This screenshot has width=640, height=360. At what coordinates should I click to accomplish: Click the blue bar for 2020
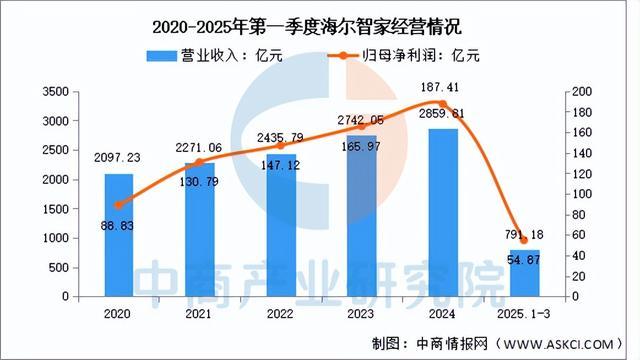tap(118, 235)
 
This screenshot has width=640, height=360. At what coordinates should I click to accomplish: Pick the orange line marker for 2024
tap(442, 104)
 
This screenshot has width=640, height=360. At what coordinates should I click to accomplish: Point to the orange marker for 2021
tap(199, 162)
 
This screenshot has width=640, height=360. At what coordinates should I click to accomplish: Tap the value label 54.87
tap(523, 260)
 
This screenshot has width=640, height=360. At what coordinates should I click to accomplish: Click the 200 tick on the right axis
tap(585, 91)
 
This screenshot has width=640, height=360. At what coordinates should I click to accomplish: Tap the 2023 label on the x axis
tap(361, 313)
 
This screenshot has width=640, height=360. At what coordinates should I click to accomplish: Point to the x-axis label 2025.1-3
tap(523, 313)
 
